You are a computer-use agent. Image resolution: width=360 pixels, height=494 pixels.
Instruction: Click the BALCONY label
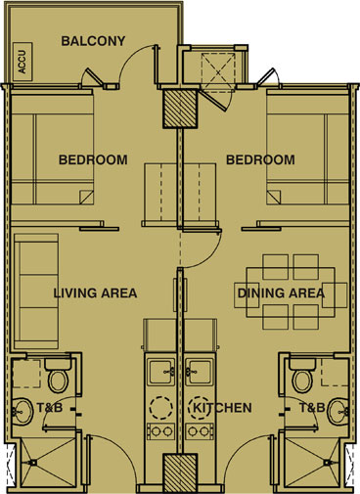[x=93, y=41]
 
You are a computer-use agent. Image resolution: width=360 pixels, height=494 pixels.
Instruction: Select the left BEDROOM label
[x=92, y=159]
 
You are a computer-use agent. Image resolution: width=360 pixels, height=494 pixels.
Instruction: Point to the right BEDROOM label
[x=260, y=159]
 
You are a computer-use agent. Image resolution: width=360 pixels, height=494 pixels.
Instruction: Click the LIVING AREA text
[x=95, y=292]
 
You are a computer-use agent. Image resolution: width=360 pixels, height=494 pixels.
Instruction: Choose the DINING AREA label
[x=279, y=292]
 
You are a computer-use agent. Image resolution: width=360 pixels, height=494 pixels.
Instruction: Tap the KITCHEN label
[x=222, y=407]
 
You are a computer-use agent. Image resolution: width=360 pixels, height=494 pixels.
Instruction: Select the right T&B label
[x=311, y=407]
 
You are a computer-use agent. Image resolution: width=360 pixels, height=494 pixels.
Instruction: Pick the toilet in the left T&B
[x=57, y=375]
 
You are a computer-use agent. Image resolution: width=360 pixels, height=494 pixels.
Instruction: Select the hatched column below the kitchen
[x=177, y=473]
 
